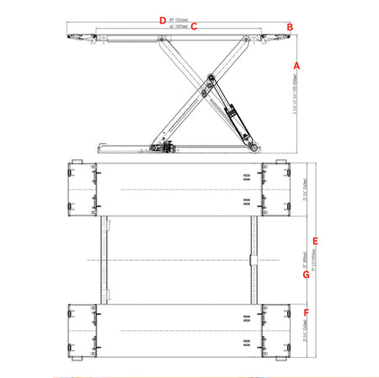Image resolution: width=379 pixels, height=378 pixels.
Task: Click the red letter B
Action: coord(290,27)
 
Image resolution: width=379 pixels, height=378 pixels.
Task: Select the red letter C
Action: coord(194,26)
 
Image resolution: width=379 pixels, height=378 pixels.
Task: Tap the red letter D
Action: coord(163,19)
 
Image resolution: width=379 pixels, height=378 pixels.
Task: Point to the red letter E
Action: coord(315,242)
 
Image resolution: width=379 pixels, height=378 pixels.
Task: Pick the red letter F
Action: coord(306,313)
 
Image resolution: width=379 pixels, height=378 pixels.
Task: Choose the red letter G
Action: coord(307,274)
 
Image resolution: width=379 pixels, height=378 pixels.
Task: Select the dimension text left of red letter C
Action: coord(178,26)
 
